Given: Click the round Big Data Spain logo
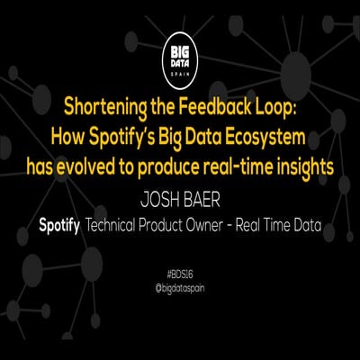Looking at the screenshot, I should [x=179, y=53].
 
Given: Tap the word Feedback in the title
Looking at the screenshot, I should [x=217, y=108].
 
